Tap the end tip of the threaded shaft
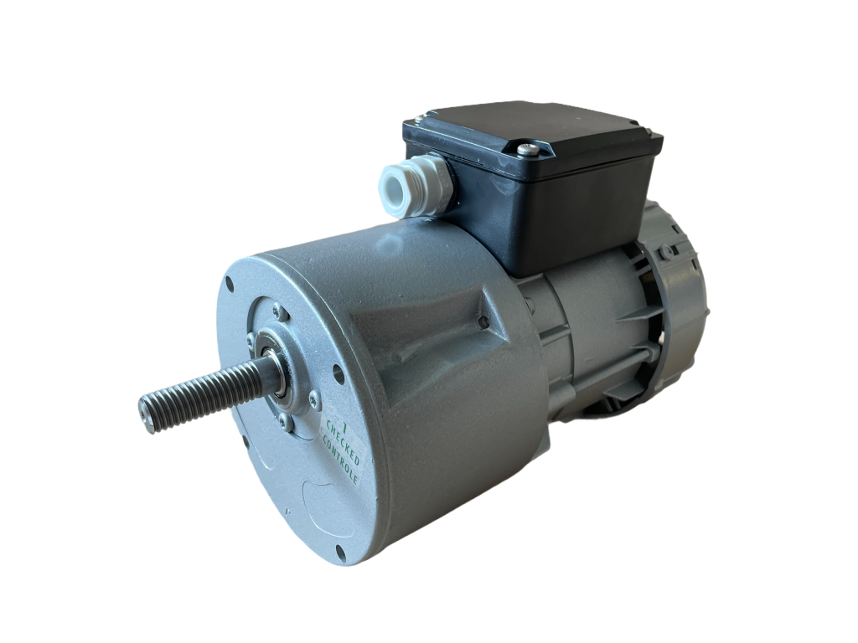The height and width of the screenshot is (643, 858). pos(147,415)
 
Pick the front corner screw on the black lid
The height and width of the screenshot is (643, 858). pos(526,150)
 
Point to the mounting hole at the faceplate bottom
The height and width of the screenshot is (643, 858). pos(340,549)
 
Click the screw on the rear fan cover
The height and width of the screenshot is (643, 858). pos(664,249)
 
